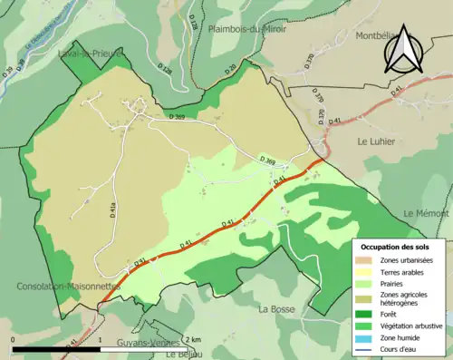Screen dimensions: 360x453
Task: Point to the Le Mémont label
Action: tap(427, 213)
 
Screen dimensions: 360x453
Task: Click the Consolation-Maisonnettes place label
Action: tap(68, 286)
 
